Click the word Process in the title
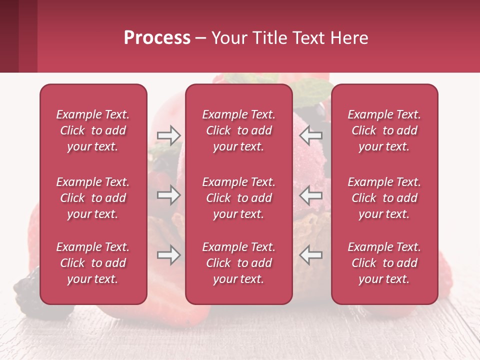(x=157, y=38)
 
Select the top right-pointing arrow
(x=168, y=134)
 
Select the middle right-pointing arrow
(x=168, y=195)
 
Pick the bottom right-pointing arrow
(x=168, y=255)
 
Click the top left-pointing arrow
(x=310, y=134)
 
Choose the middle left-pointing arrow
(x=310, y=195)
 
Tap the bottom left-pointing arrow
(x=310, y=255)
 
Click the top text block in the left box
(x=93, y=130)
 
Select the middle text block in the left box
(x=93, y=198)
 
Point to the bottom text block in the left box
(x=93, y=263)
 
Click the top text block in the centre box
(x=239, y=130)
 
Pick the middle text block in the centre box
(x=239, y=198)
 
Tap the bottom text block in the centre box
(x=239, y=263)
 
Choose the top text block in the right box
(x=384, y=130)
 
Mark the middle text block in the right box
(x=384, y=198)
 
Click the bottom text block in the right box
(x=384, y=263)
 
